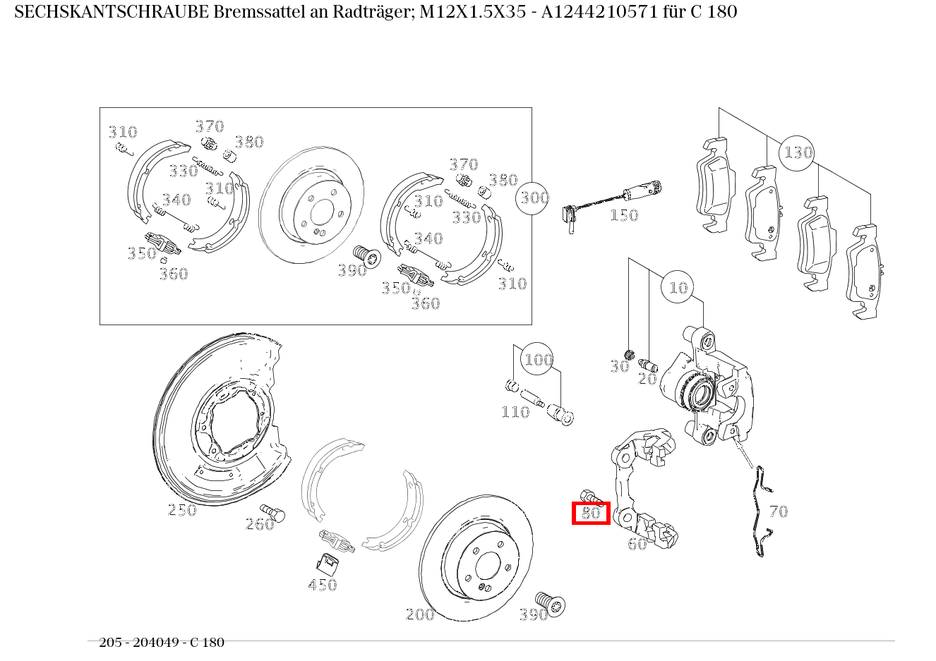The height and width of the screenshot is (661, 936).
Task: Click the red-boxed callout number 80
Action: click(x=591, y=513)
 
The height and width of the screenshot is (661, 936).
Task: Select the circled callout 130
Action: click(x=798, y=152)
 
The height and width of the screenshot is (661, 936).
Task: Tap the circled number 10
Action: click(x=678, y=287)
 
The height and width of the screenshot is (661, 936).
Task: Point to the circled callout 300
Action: click(x=534, y=198)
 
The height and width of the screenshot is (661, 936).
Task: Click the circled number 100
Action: click(x=538, y=360)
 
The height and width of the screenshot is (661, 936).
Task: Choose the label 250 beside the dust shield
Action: click(x=182, y=509)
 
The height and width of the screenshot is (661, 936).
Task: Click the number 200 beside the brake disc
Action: click(x=420, y=614)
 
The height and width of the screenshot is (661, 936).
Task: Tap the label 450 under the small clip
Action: click(x=323, y=584)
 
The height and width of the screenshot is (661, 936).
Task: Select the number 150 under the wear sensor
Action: click(x=624, y=216)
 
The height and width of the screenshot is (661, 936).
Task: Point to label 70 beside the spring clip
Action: click(x=779, y=511)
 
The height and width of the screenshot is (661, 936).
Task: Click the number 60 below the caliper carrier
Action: click(x=637, y=544)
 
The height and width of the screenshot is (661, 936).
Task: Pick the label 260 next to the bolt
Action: click(x=259, y=524)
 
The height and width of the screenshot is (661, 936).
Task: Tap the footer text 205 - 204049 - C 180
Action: click(x=162, y=643)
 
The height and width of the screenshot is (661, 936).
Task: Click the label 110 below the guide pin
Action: click(x=515, y=412)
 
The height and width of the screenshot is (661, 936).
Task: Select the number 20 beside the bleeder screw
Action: click(x=647, y=379)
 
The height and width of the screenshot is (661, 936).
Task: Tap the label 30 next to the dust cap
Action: click(x=619, y=366)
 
